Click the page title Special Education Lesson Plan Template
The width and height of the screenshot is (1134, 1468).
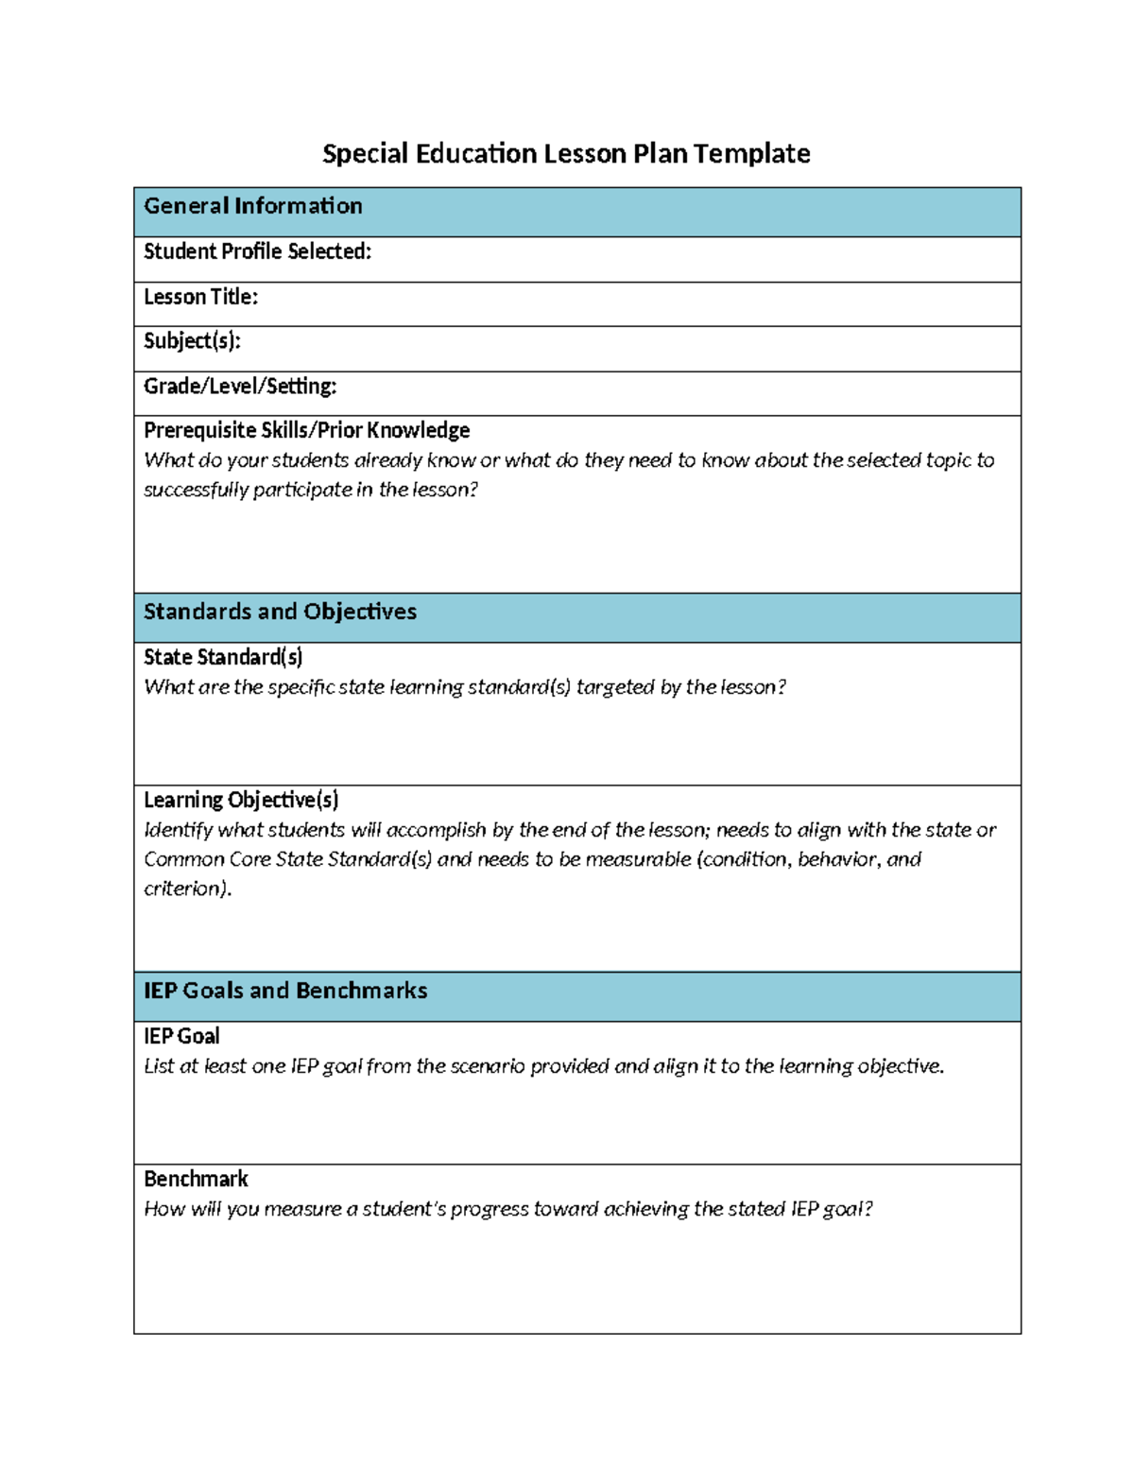pyautogui.click(x=566, y=153)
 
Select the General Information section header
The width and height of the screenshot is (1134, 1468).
pyautogui.click(x=252, y=206)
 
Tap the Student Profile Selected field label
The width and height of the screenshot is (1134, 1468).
pyautogui.click(x=257, y=251)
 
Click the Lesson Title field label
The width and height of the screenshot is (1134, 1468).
pyautogui.click(x=200, y=297)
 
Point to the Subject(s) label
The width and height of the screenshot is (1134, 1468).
pyautogui.click(x=192, y=341)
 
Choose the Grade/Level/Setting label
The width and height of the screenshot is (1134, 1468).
pyautogui.click(x=240, y=387)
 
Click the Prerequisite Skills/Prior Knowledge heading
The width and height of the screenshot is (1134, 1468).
pyautogui.click(x=306, y=431)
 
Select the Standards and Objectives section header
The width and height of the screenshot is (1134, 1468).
pyautogui.click(x=280, y=612)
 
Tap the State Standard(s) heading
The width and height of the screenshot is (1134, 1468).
pyautogui.click(x=223, y=657)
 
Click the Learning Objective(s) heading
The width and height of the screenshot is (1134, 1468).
pyautogui.click(x=241, y=801)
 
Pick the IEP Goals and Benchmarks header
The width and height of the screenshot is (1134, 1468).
pyautogui.click(x=285, y=991)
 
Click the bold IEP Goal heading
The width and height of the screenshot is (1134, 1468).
pyautogui.click(x=181, y=1036)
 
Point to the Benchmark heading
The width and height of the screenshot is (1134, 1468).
pyautogui.click(x=196, y=1180)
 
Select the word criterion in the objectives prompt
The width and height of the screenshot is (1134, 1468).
pyautogui.click(x=185, y=889)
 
